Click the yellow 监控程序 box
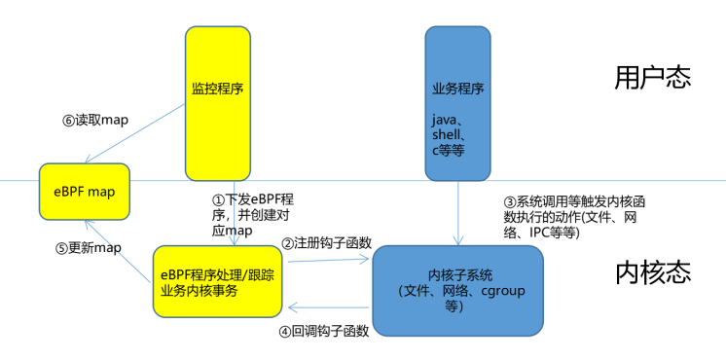click(x=217, y=103)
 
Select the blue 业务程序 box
click(x=457, y=103)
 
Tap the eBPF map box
click(x=84, y=192)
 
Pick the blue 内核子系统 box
click(x=457, y=291)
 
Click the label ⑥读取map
click(x=95, y=121)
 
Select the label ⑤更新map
click(x=89, y=247)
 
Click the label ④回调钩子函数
click(x=324, y=331)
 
